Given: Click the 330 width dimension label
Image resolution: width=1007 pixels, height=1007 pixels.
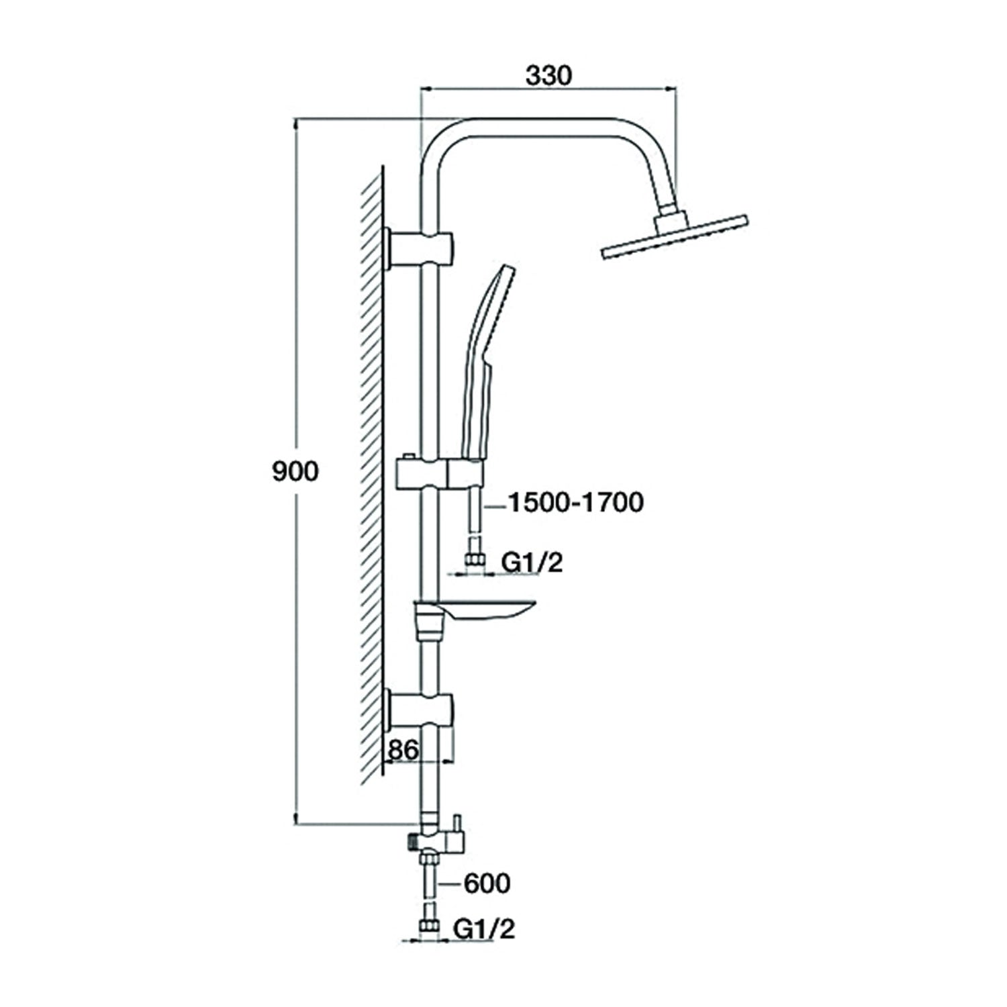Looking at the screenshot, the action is pyautogui.click(x=548, y=75).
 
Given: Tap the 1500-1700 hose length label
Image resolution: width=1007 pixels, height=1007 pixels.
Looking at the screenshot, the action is pyautogui.click(x=575, y=502).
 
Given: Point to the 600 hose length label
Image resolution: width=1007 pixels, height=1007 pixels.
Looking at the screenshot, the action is pyautogui.click(x=487, y=883).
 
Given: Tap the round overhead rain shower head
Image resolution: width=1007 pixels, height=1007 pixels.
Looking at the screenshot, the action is pyautogui.click(x=673, y=236).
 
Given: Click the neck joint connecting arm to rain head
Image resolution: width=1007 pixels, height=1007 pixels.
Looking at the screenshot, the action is pyautogui.click(x=672, y=219).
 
